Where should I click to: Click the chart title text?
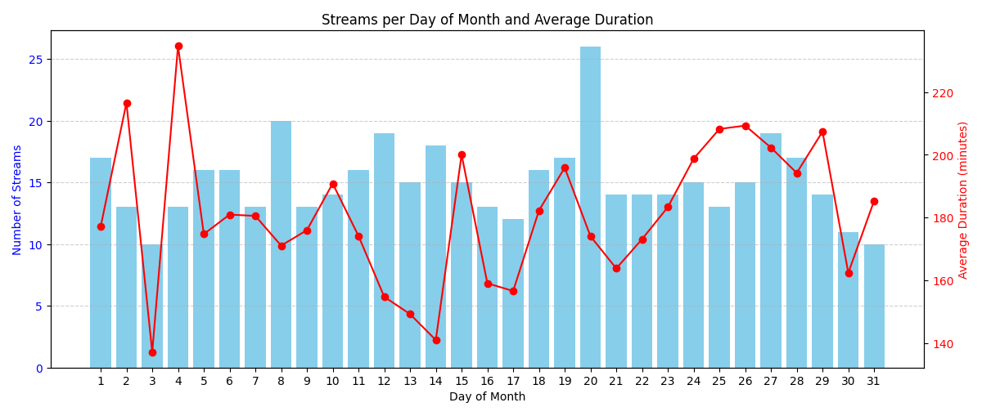pyautogui.click(x=487, y=20)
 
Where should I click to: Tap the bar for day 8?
pyautogui.click(x=281, y=244)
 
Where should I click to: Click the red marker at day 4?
pyautogui.click(x=178, y=47)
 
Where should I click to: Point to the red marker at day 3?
pyautogui.click(x=152, y=352)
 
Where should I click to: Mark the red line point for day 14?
pyautogui.click(x=436, y=340)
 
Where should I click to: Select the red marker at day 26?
pyautogui.click(x=746, y=126)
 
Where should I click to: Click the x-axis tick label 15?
pyautogui.click(x=462, y=381)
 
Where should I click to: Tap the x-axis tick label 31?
pyautogui.click(x=874, y=381)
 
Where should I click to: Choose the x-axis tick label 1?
pyautogui.click(x=101, y=381)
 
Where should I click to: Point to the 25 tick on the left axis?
pyautogui.click(x=37, y=60)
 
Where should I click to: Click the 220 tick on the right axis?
pyautogui.click(x=942, y=93)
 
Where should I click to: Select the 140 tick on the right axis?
pyautogui.click(x=942, y=344)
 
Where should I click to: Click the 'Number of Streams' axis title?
pyautogui.click(x=18, y=199)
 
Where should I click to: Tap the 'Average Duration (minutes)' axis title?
pyautogui.click(x=963, y=199)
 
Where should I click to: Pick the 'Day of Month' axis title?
pyautogui.click(x=487, y=397)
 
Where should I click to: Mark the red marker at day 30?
pyautogui.click(x=849, y=273)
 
